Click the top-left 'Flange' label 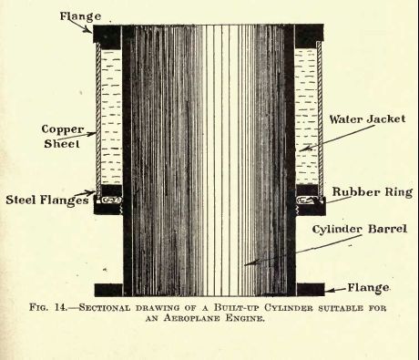[80, 15]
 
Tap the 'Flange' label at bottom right [368, 287]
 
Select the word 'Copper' [63, 129]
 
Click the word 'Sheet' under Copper [62, 143]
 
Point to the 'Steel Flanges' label [47, 201]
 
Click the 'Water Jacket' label [367, 119]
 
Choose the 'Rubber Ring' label [373, 192]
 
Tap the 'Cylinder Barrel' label [360, 229]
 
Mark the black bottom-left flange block [108, 290]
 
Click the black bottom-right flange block [311, 290]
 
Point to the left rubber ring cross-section [111, 201]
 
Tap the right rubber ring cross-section [306, 200]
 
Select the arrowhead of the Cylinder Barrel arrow [250, 263]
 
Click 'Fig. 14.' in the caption [48, 307]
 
